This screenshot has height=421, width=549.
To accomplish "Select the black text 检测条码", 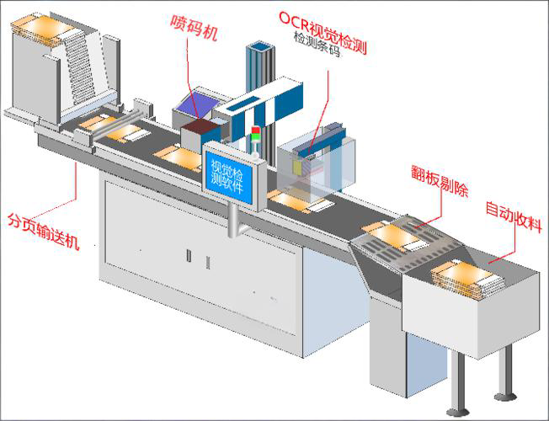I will point(320,39).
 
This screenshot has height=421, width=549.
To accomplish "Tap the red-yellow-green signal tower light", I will point(256,137).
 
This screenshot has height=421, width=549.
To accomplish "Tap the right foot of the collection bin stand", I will point(504,394).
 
